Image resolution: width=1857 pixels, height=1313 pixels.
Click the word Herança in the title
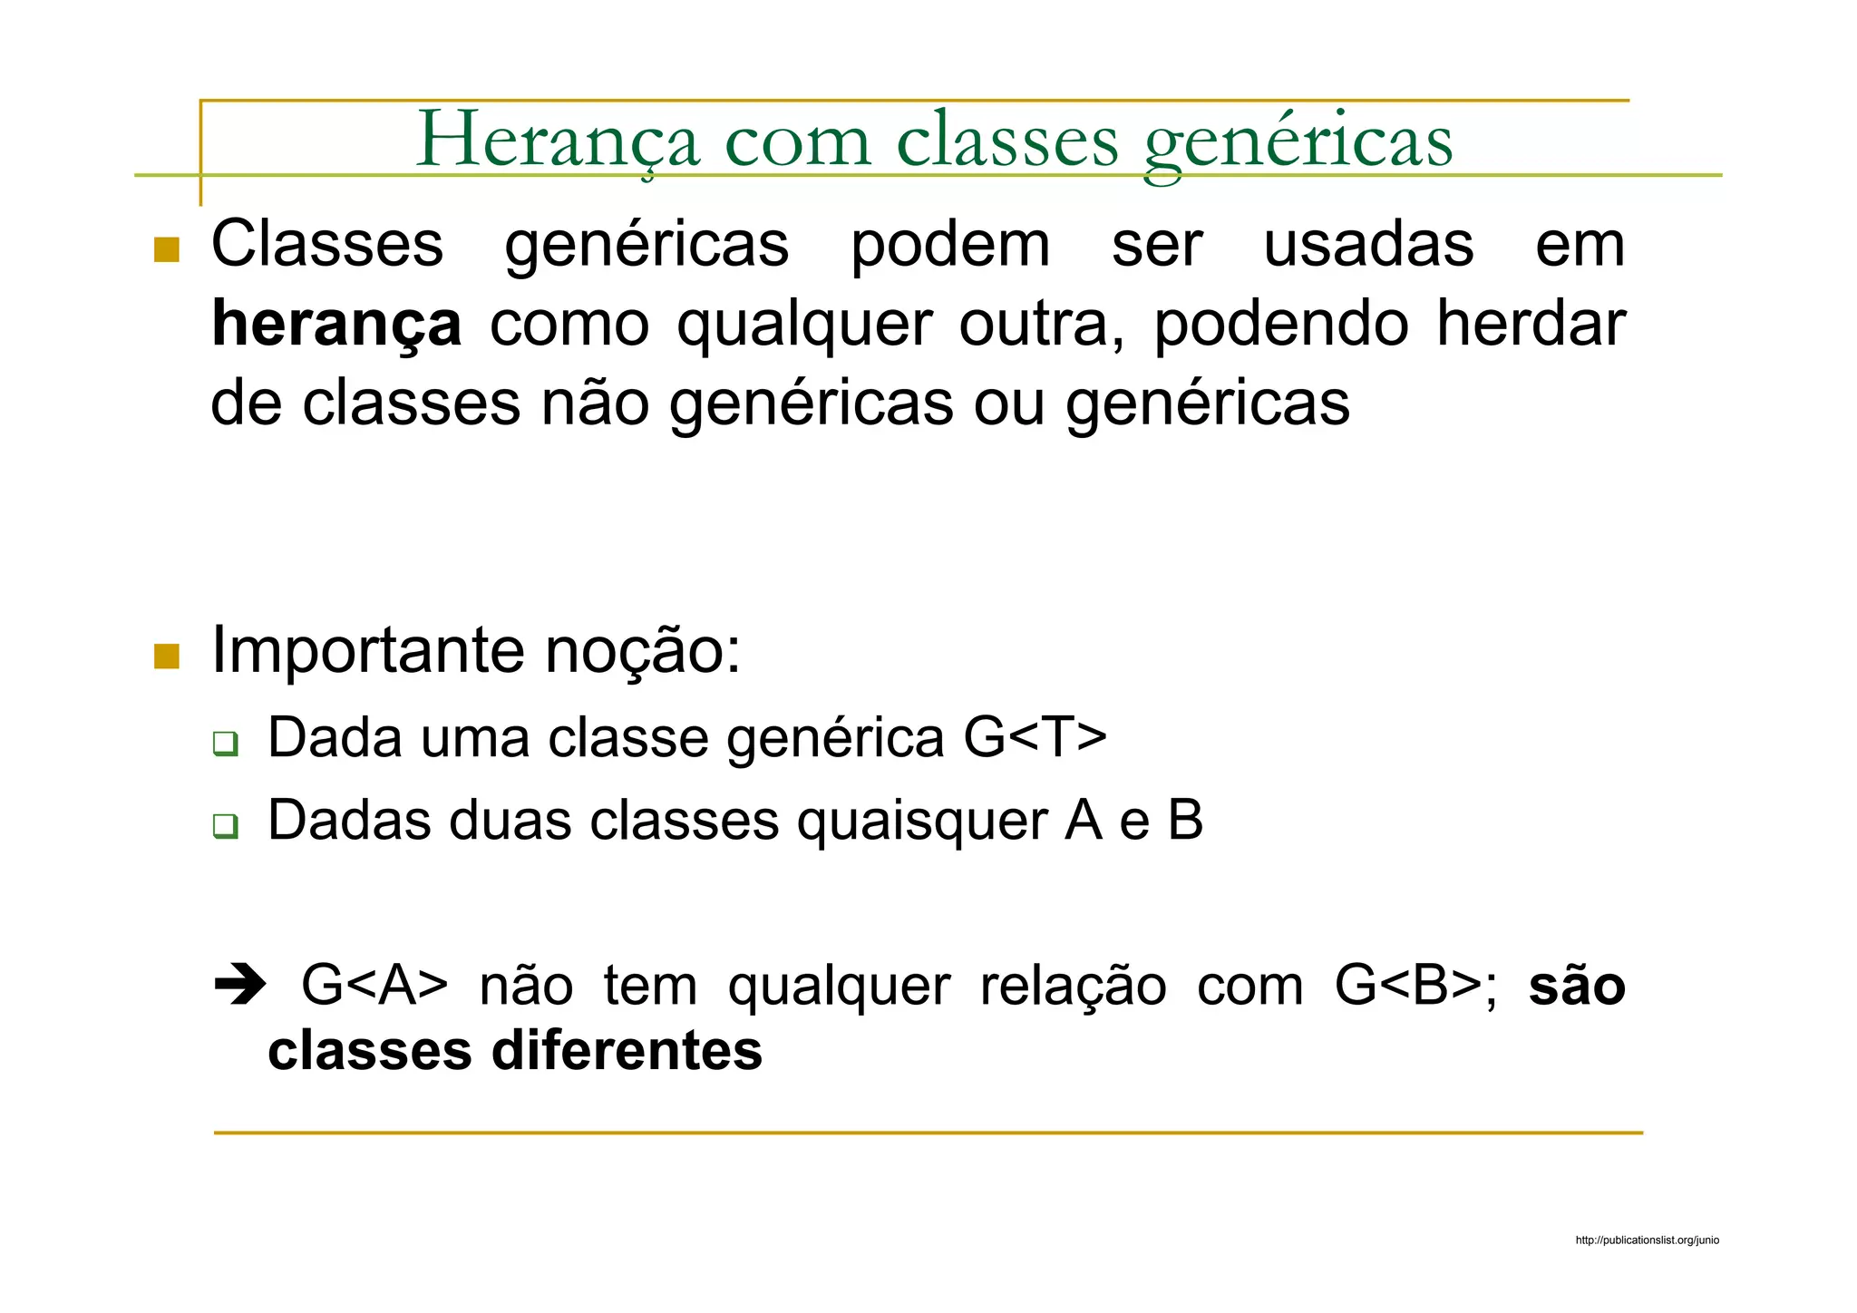click(558, 141)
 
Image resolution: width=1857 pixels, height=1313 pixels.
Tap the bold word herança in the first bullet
click(336, 325)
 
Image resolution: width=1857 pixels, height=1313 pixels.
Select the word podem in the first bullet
click(950, 245)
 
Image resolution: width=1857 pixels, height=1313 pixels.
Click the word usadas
click(1368, 245)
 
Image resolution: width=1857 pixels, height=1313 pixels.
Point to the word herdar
click(1531, 325)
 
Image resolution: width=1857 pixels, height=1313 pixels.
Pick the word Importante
click(368, 650)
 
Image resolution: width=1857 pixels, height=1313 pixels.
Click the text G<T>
click(1035, 737)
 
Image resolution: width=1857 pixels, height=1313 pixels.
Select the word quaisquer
click(920, 821)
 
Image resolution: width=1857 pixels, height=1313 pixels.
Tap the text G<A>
click(374, 986)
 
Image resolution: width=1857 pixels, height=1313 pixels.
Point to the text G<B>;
click(1415, 986)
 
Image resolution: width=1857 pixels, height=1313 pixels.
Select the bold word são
click(1577, 986)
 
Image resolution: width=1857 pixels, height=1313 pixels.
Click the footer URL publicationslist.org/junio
click(1647, 1240)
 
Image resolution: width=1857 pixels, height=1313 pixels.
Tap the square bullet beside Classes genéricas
click(167, 249)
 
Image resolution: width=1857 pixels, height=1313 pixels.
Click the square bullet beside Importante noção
click(167, 656)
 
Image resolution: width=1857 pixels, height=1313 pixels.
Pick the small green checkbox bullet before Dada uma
click(225, 744)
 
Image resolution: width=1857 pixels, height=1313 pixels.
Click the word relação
click(1073, 986)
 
